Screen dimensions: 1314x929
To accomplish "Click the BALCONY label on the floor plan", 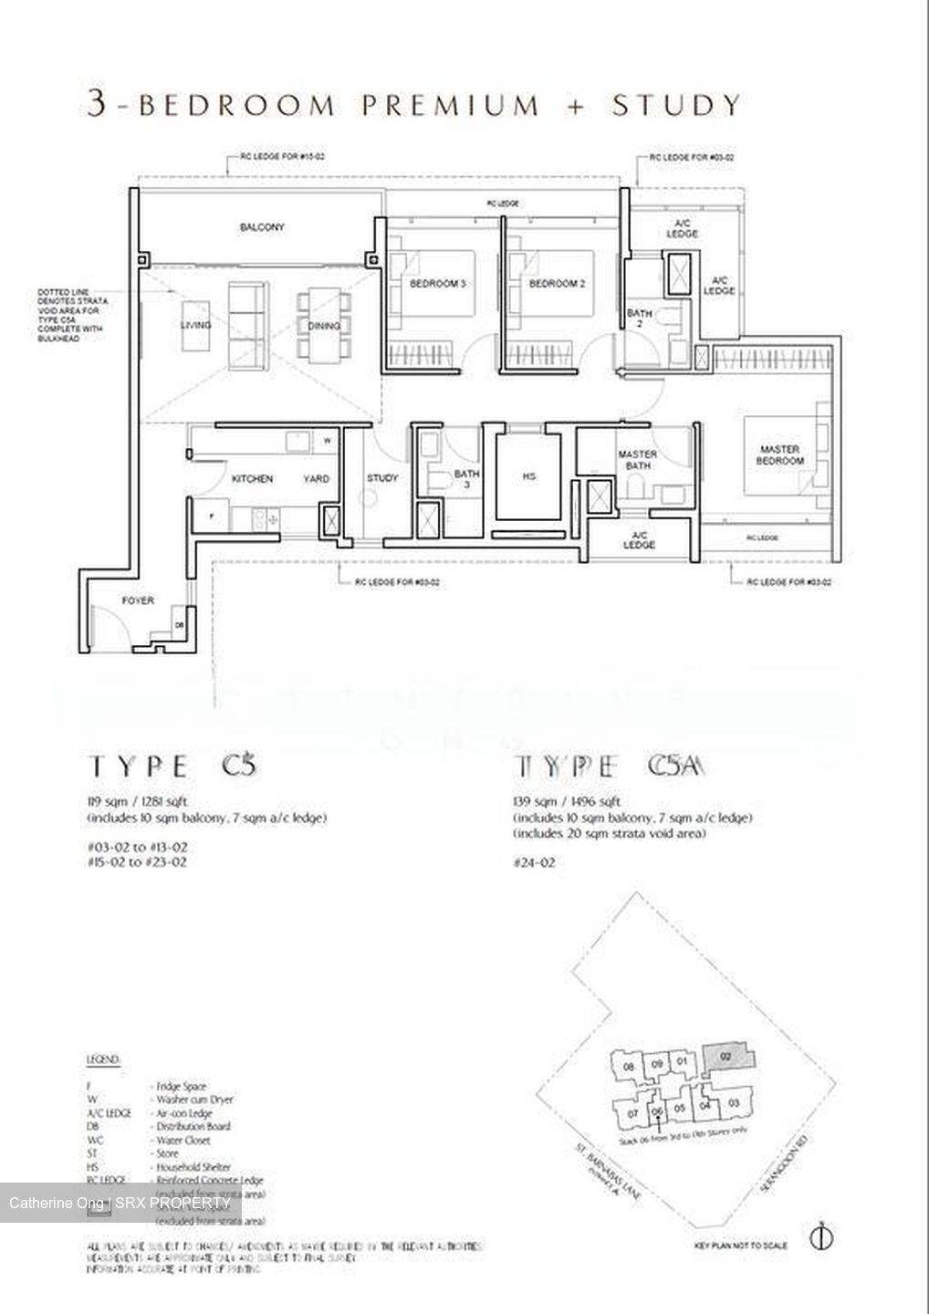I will coord(263,227).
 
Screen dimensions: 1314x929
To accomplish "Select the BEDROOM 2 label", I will coord(557,284).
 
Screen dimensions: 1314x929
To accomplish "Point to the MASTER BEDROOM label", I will coord(780,455).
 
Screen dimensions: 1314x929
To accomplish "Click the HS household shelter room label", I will coord(529,476).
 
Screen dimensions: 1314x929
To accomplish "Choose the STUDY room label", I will coord(382,478).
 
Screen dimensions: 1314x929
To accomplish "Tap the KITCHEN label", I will coord(252,478).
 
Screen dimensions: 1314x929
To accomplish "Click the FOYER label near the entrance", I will coord(138,600).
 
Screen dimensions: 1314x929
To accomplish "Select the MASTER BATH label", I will coord(638,460).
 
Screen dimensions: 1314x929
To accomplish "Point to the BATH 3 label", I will coord(467,480).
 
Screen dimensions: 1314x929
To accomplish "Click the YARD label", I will coord(317,478).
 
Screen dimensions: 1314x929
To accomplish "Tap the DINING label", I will coord(324,326).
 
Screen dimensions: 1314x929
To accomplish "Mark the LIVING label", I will coord(196,326).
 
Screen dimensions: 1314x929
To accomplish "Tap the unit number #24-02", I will coord(534,861).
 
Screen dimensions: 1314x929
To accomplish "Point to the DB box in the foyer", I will coord(180,625).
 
